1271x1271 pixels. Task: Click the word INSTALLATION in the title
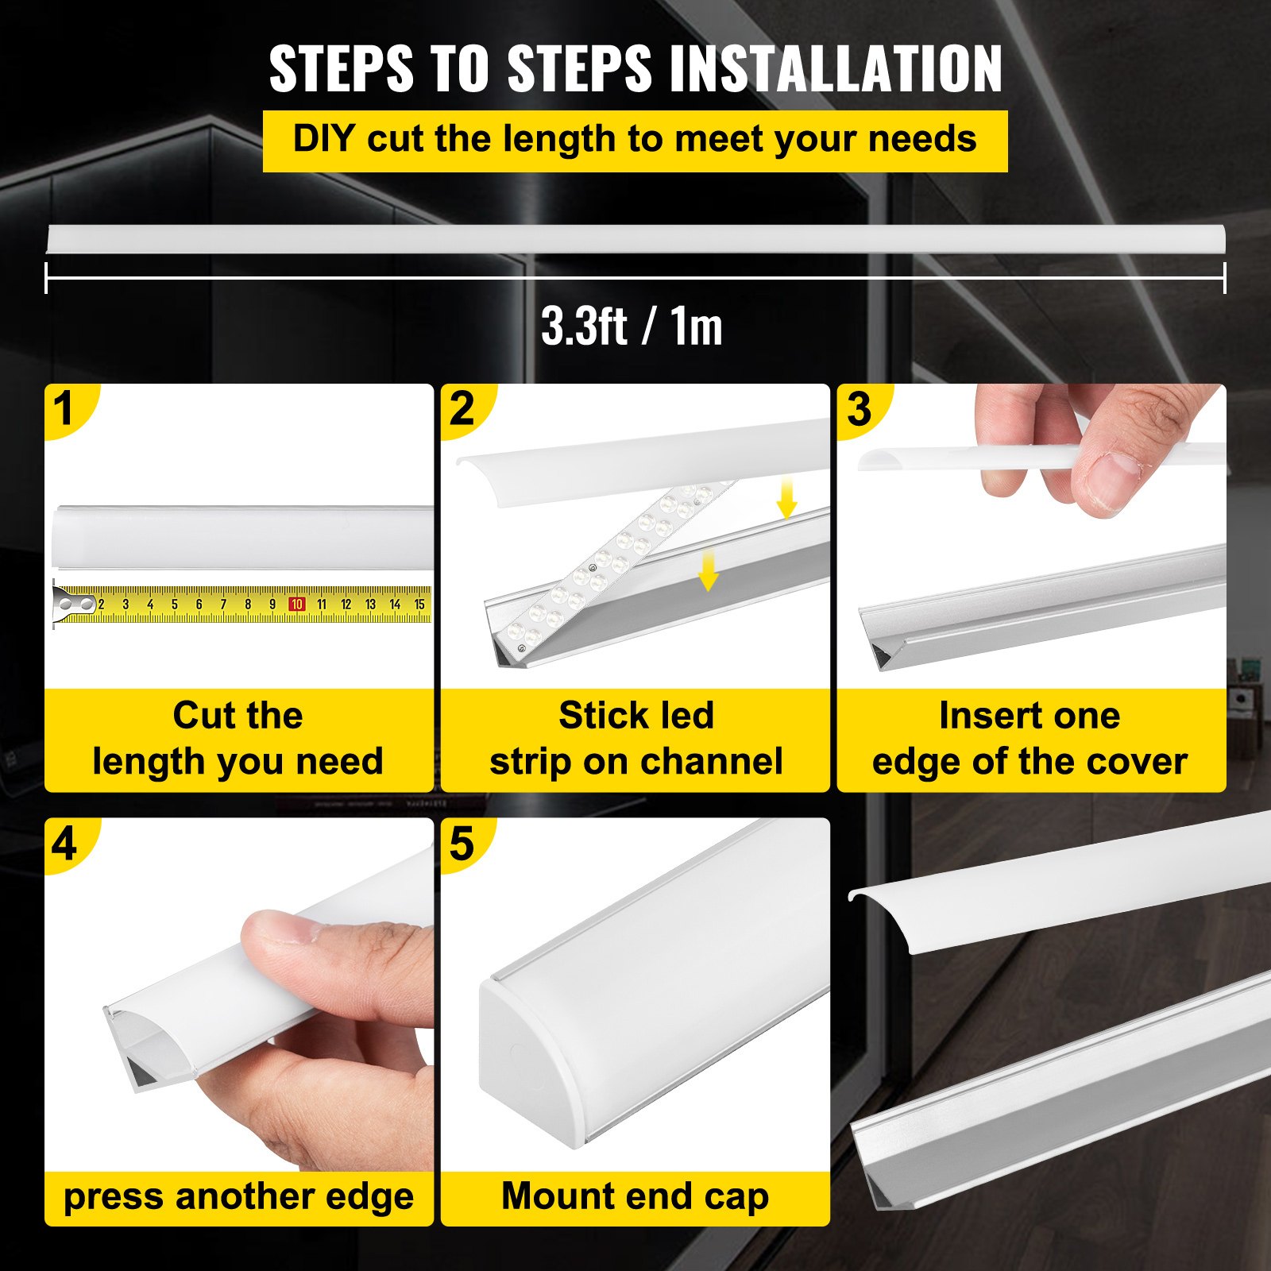tap(836, 69)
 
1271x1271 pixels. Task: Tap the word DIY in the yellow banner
tap(323, 139)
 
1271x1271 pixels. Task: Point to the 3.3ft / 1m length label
tap(632, 326)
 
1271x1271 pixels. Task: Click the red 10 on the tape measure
tap(296, 605)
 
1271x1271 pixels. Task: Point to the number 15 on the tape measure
tap(419, 605)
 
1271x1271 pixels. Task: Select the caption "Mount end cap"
tap(635, 1196)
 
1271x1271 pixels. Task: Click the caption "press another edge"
tap(238, 1197)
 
